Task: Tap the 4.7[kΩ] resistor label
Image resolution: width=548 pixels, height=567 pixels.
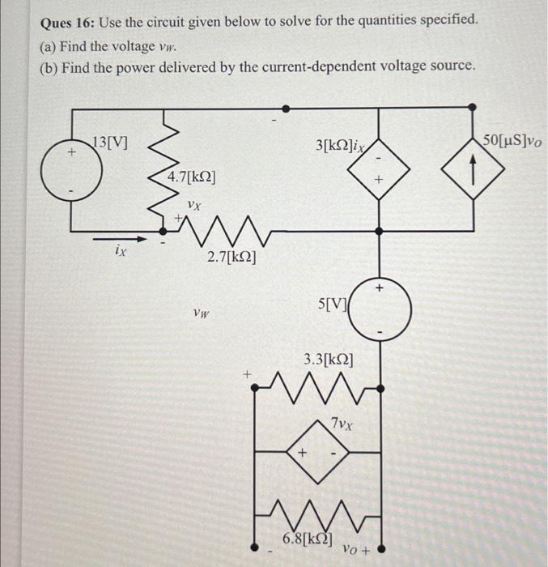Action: (191, 177)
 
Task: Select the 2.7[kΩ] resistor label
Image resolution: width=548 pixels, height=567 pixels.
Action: (232, 258)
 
